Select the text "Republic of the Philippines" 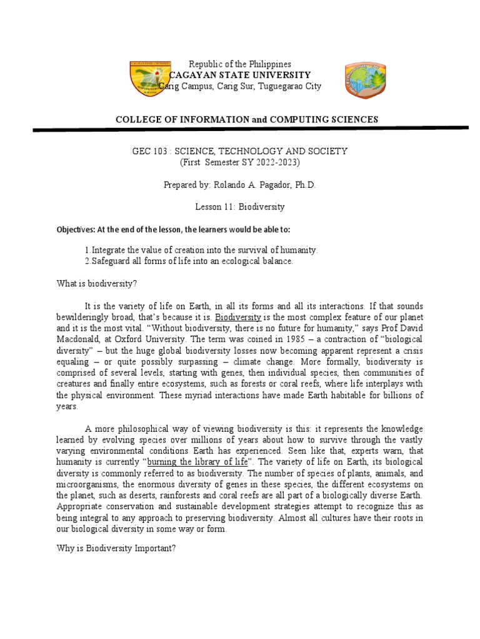click(x=240, y=64)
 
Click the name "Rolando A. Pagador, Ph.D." click(x=264, y=185)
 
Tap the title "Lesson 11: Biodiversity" click(x=240, y=206)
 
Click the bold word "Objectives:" click(x=76, y=229)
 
